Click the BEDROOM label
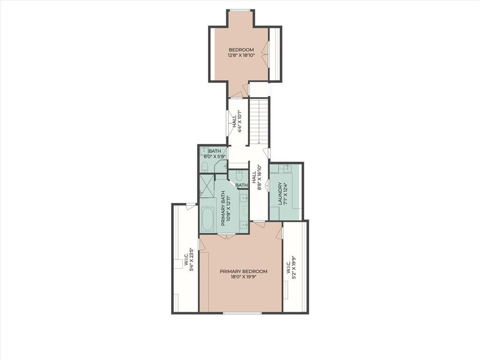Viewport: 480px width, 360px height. pyautogui.click(x=241, y=50)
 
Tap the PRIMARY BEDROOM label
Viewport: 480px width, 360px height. pyautogui.click(x=243, y=271)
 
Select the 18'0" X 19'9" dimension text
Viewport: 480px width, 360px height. pyautogui.click(x=243, y=277)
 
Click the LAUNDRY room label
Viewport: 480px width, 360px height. pyautogui.click(x=280, y=194)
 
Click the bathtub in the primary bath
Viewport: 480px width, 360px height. pyautogui.click(x=208, y=219)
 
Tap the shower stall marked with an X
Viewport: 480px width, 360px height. pyautogui.click(x=206, y=186)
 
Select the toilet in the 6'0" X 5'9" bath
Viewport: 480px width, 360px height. pyautogui.click(x=205, y=167)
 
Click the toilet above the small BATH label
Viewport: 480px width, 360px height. pyautogui.click(x=240, y=175)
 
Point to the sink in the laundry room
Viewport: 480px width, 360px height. pyautogui.click(x=287, y=168)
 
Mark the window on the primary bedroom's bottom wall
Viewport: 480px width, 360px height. pyautogui.click(x=242, y=313)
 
